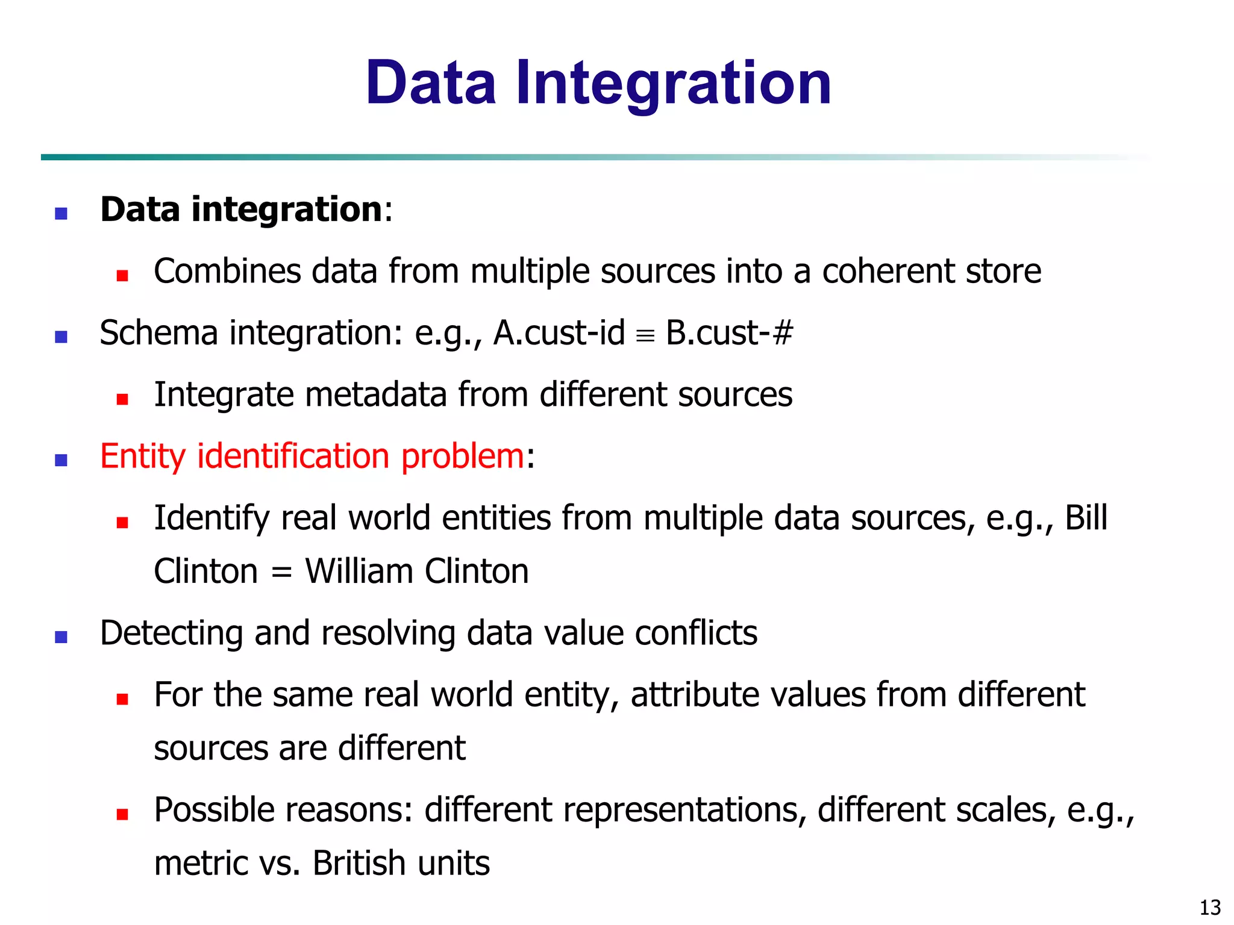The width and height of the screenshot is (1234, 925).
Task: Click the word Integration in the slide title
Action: [x=673, y=84]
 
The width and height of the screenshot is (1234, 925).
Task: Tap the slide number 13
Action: [x=1210, y=907]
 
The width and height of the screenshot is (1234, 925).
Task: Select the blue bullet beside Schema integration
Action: [x=61, y=337]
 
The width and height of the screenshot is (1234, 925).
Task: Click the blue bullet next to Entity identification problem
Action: [x=61, y=461]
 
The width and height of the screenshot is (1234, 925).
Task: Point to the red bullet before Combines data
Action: [x=122, y=276]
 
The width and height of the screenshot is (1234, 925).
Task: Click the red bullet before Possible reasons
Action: [x=122, y=815]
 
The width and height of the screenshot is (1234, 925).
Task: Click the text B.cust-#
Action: [x=729, y=333]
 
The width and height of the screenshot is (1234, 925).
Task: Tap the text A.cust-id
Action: [x=559, y=333]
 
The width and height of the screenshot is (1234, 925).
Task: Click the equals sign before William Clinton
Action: [x=281, y=572]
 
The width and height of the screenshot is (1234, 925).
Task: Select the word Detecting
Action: [x=171, y=634]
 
